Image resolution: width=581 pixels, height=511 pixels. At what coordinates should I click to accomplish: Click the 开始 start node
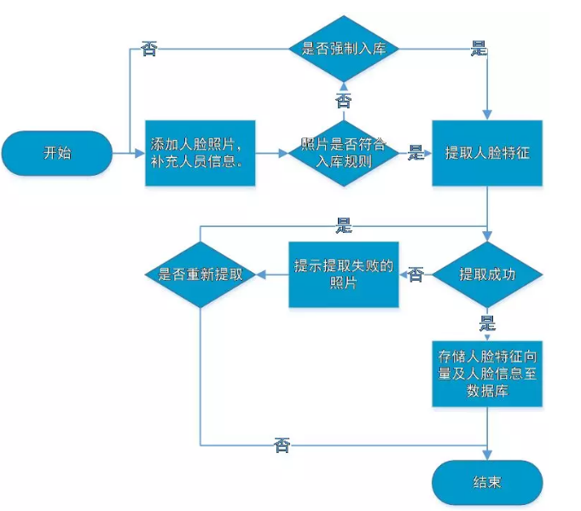click(x=57, y=154)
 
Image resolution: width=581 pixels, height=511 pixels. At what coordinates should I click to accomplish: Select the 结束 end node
click(x=486, y=482)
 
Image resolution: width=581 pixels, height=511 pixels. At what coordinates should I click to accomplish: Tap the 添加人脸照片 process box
click(x=200, y=154)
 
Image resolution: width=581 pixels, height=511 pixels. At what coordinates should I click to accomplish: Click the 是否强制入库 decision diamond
click(x=344, y=48)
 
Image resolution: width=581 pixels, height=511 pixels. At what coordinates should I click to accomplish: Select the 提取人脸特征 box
click(x=486, y=154)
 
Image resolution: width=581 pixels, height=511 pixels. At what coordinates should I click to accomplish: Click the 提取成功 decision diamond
click(x=486, y=275)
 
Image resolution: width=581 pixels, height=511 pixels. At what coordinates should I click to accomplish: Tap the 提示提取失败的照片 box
click(x=343, y=275)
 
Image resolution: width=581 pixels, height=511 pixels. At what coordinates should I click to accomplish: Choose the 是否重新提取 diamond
click(x=200, y=275)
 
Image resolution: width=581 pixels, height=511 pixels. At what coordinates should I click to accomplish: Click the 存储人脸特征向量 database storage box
click(x=486, y=373)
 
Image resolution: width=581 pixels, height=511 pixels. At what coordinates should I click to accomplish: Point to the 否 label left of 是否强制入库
click(x=150, y=49)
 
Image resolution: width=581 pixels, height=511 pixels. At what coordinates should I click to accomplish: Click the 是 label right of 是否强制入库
click(x=479, y=49)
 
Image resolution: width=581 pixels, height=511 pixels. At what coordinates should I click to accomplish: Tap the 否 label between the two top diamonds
click(x=343, y=102)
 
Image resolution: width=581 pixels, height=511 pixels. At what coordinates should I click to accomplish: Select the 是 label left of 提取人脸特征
click(x=416, y=154)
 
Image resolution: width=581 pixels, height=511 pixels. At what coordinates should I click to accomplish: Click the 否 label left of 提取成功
click(x=415, y=275)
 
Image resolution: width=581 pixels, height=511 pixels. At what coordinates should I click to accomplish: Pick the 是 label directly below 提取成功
click(x=487, y=322)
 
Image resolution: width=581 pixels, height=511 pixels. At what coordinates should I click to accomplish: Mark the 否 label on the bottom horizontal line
click(x=282, y=444)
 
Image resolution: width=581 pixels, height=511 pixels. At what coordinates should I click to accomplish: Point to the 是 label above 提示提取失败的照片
click(x=344, y=226)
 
